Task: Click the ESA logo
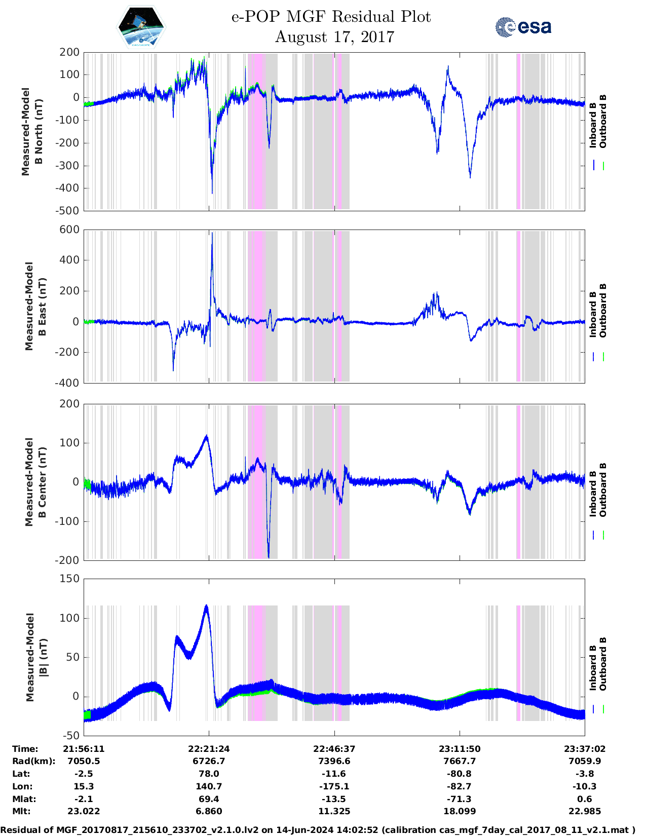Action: click(523, 27)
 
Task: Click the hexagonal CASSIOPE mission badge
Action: click(141, 27)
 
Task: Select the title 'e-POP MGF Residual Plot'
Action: click(331, 17)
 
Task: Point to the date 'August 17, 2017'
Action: click(334, 37)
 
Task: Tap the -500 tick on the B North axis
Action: click(69, 210)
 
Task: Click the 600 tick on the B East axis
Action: click(70, 230)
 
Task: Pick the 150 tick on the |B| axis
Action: click(70, 579)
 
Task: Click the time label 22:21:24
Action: click(209, 749)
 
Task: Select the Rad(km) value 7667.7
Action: click(460, 761)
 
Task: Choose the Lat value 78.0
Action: click(209, 774)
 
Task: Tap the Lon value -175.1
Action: click(334, 786)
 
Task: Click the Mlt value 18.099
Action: click(460, 811)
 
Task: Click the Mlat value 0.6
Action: click(584, 799)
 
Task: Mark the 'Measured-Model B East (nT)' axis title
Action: click(35, 306)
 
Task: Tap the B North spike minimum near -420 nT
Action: click(212, 193)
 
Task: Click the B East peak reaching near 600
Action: click(212, 234)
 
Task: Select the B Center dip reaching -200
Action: click(269, 557)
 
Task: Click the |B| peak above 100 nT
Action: click(206, 606)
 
